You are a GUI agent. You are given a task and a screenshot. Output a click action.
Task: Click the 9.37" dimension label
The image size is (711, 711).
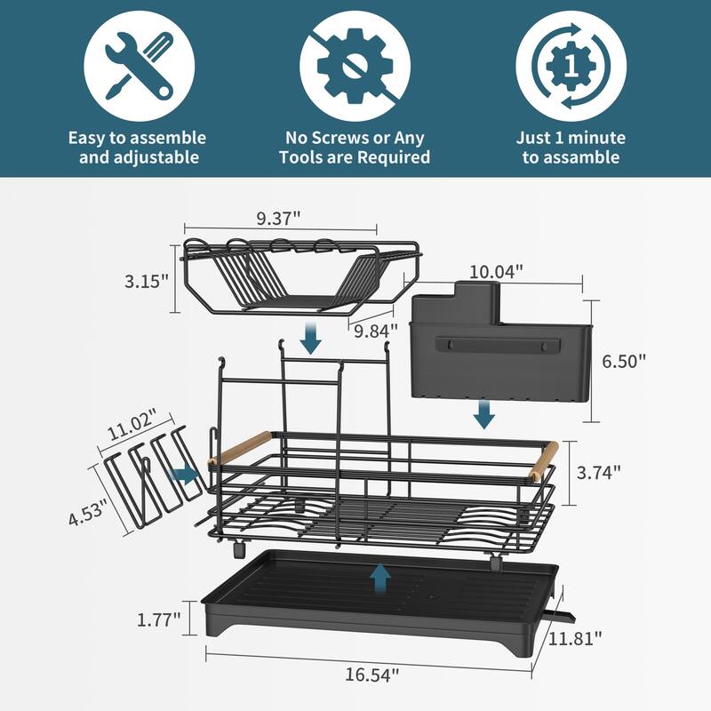pyautogui.click(x=278, y=218)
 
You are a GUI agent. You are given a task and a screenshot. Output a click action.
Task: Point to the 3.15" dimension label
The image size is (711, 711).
pyautogui.click(x=146, y=282)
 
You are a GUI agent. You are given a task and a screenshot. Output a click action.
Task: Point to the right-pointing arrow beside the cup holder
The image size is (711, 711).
pyautogui.click(x=185, y=475)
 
